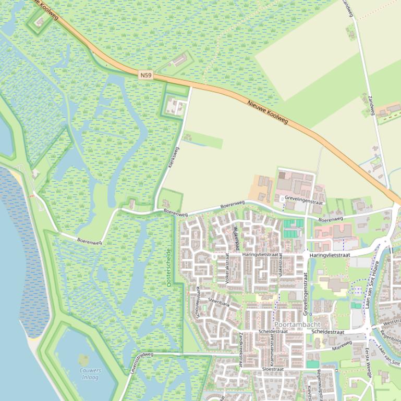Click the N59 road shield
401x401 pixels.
point(146,76)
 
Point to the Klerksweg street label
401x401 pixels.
point(175,157)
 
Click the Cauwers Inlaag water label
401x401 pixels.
point(90,373)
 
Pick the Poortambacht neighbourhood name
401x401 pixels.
point(297,324)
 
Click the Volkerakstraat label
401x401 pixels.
point(227,268)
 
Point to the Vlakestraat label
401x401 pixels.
point(280,265)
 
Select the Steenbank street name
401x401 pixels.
point(219,302)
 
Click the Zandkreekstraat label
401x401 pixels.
point(240,350)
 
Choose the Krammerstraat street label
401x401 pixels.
point(272,349)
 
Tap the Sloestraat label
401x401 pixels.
point(272,369)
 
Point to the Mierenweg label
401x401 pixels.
point(343,345)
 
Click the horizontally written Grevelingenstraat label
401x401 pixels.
point(303,198)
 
